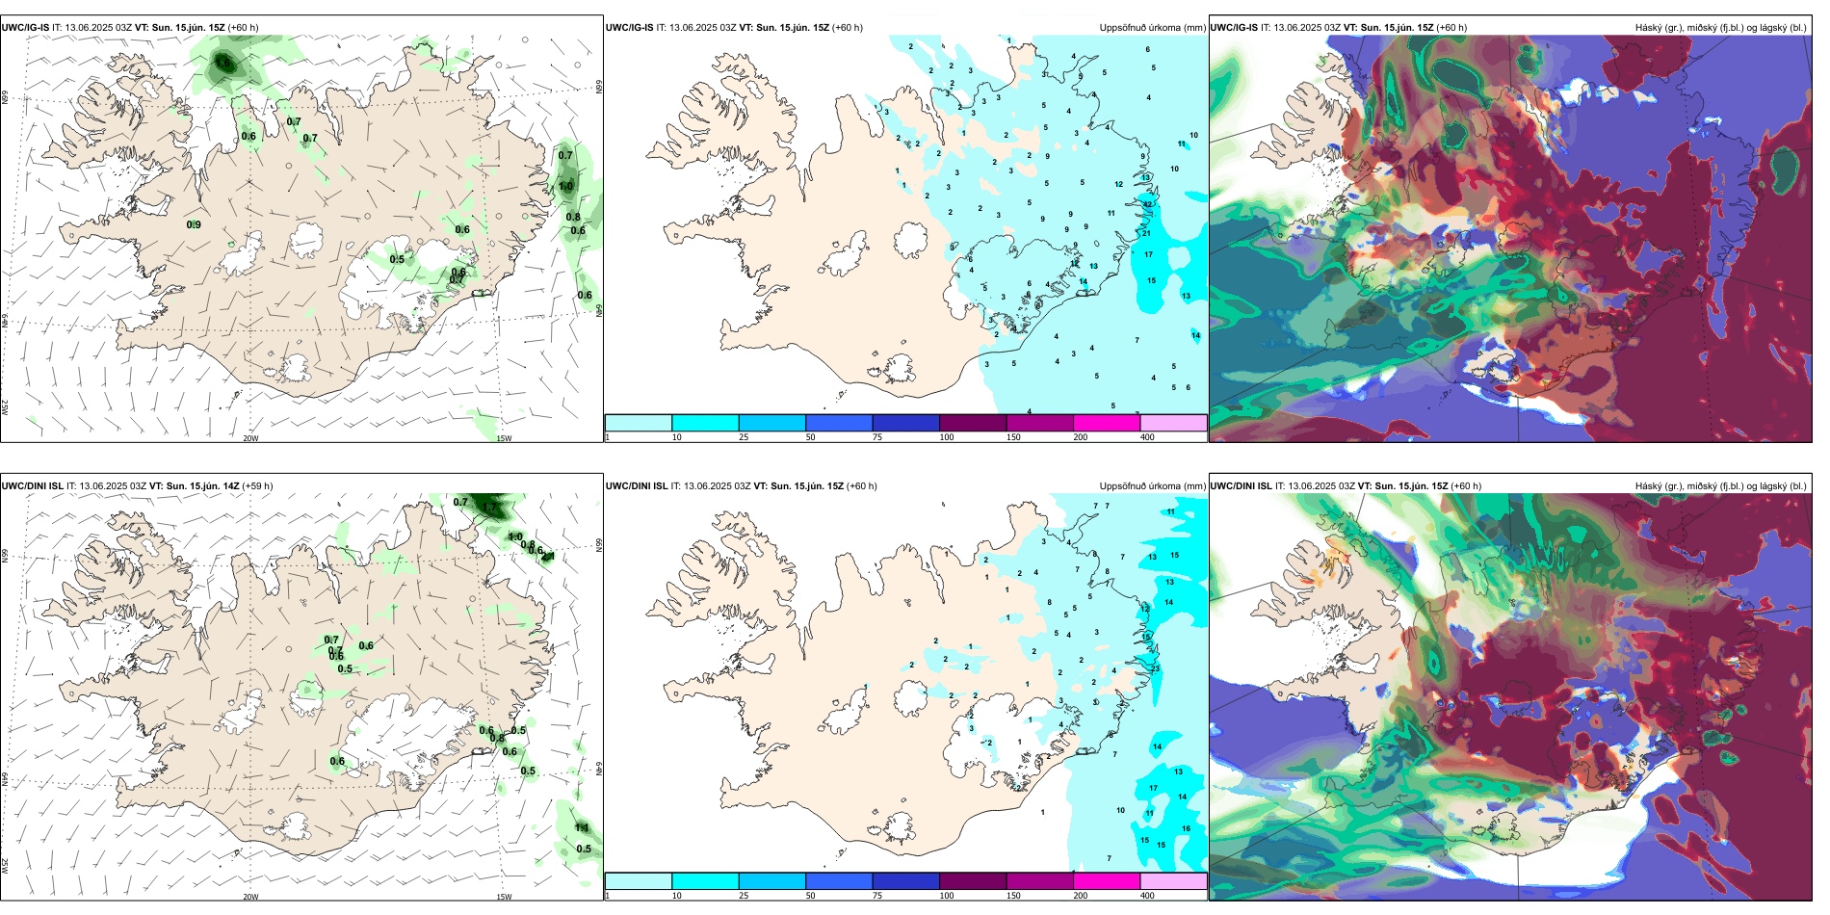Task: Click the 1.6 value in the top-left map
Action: coord(223,64)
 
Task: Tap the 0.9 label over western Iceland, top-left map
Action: coord(194,225)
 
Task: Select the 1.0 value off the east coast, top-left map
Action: coord(565,187)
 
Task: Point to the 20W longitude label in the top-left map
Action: coord(250,438)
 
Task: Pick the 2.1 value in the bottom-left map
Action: coord(548,557)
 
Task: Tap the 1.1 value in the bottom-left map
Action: coord(582,828)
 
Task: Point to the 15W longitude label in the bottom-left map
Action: coord(503,897)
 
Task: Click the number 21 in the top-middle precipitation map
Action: coord(1147,234)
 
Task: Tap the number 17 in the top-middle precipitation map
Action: coord(1148,255)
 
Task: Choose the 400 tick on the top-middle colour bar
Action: coord(1147,437)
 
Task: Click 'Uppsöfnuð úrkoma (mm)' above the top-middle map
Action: coord(1152,28)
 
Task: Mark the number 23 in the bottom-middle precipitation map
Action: coord(1155,668)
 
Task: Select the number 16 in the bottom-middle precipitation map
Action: coord(1186,828)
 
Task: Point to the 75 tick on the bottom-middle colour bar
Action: coord(877,896)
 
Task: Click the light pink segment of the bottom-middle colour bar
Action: coord(1173,881)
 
